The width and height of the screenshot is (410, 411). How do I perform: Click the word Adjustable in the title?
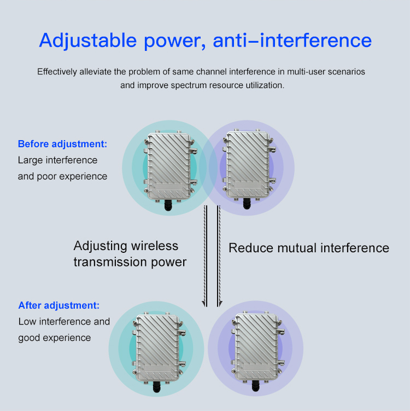(88, 40)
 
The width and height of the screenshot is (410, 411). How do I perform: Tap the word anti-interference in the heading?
(292, 40)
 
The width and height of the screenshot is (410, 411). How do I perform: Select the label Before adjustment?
(62, 144)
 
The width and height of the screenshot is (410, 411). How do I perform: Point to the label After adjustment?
(59, 305)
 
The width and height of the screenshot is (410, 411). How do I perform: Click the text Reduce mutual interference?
(309, 248)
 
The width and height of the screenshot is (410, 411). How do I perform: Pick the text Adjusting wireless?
(126, 246)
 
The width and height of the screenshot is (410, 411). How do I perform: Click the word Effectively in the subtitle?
(57, 72)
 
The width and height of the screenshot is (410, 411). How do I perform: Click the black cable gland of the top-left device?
(168, 205)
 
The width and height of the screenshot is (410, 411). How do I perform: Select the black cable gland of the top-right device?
(247, 204)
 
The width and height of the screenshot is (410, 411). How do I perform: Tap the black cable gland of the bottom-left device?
(156, 387)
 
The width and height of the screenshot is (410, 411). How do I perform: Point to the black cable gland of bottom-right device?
(255, 386)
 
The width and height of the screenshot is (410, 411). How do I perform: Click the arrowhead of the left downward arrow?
(204, 304)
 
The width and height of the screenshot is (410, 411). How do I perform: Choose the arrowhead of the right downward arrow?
(220, 304)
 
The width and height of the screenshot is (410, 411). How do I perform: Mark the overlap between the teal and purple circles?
(208, 168)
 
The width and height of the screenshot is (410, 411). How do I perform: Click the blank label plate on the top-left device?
(168, 187)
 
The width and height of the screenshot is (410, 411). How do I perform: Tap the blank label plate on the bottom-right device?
(256, 367)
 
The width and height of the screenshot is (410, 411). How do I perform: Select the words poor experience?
(72, 176)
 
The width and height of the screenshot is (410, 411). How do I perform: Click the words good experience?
(55, 338)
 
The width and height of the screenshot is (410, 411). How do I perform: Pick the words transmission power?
(130, 262)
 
